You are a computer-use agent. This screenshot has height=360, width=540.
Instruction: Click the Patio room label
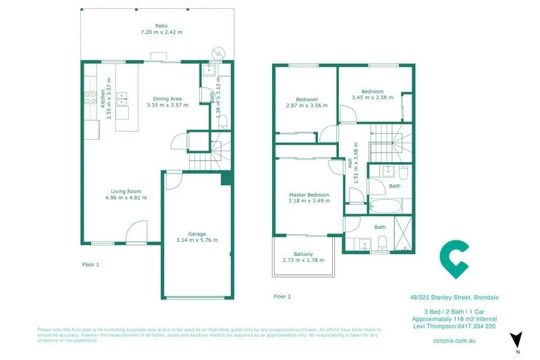(161, 26)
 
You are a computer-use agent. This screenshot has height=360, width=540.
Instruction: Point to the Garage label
(197, 233)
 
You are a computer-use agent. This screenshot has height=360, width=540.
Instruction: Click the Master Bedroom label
(308, 195)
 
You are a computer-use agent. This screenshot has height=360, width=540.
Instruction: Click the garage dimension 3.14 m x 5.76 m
(197, 240)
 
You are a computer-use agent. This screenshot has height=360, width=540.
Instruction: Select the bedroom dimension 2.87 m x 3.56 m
(306, 105)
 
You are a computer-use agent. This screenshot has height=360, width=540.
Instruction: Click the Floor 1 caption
(90, 265)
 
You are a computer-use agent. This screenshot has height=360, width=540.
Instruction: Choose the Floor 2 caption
(282, 296)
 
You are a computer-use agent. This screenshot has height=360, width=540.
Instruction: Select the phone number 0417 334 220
(477, 326)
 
